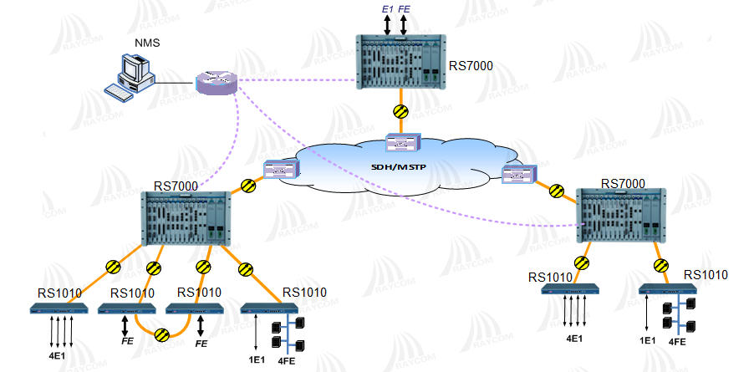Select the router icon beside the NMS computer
click(217, 82)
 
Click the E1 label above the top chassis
click(387, 9)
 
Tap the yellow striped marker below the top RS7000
click(401, 110)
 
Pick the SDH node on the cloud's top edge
click(401, 142)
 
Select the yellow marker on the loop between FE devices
click(162, 334)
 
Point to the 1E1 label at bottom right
click(647, 341)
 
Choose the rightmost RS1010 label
click(706, 273)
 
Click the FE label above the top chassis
click(405, 9)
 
